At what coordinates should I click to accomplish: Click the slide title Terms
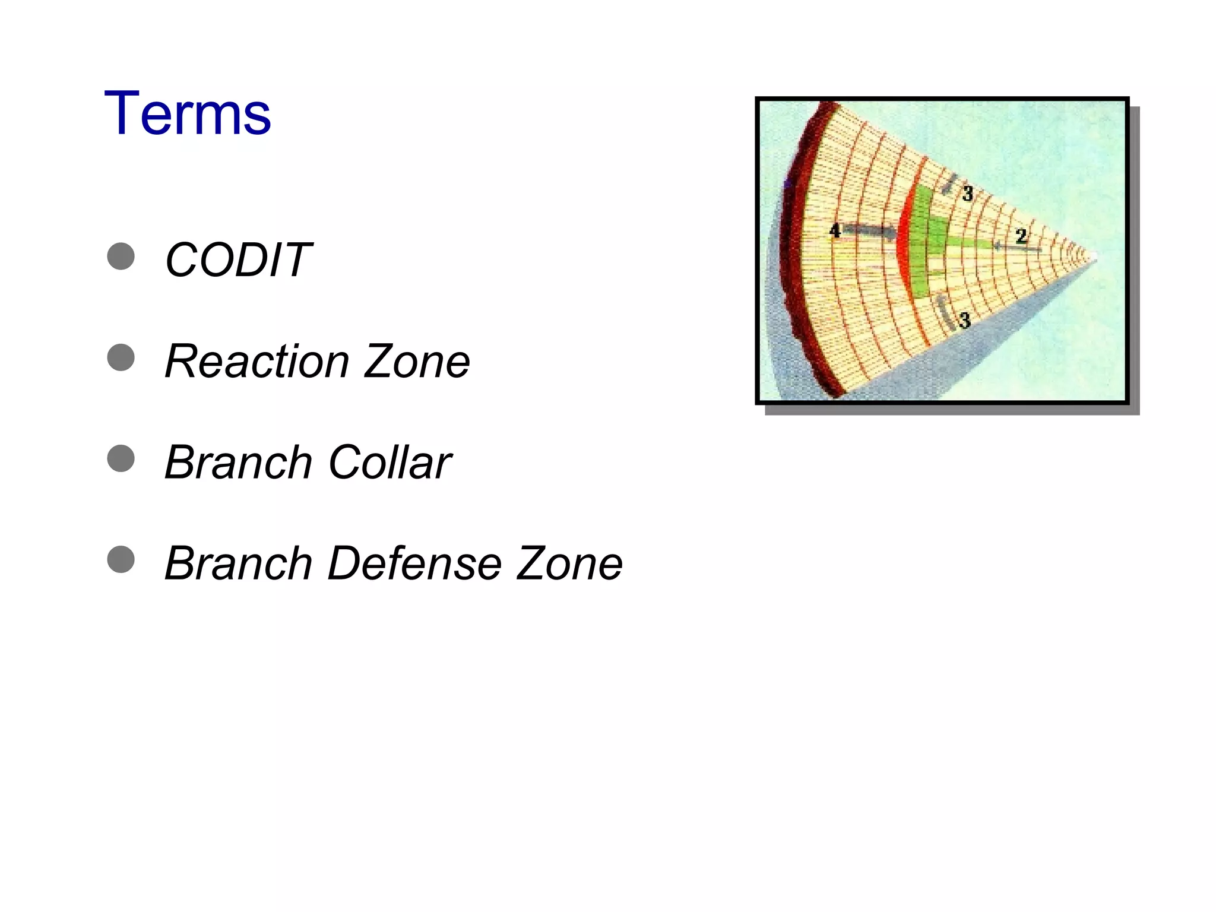coord(187,113)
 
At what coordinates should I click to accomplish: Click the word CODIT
coord(237,260)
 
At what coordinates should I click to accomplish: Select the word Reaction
coord(256,361)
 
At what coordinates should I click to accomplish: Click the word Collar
coord(389,462)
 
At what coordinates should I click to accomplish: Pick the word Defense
coord(413,563)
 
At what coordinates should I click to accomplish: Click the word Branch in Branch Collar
coord(238,462)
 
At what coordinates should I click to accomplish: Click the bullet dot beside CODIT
coord(121,256)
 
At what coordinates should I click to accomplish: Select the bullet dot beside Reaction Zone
coord(121,357)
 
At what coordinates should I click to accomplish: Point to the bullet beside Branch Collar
coord(121,458)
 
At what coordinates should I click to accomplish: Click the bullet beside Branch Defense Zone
coord(121,559)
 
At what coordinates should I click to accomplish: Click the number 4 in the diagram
coord(835,230)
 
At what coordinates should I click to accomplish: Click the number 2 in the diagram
coord(1021,236)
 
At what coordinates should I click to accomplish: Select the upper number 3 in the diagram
coord(967,193)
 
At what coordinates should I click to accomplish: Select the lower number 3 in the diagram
coord(964,321)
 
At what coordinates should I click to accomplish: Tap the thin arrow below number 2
coord(1016,248)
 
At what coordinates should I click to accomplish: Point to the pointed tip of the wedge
coord(1094,258)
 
